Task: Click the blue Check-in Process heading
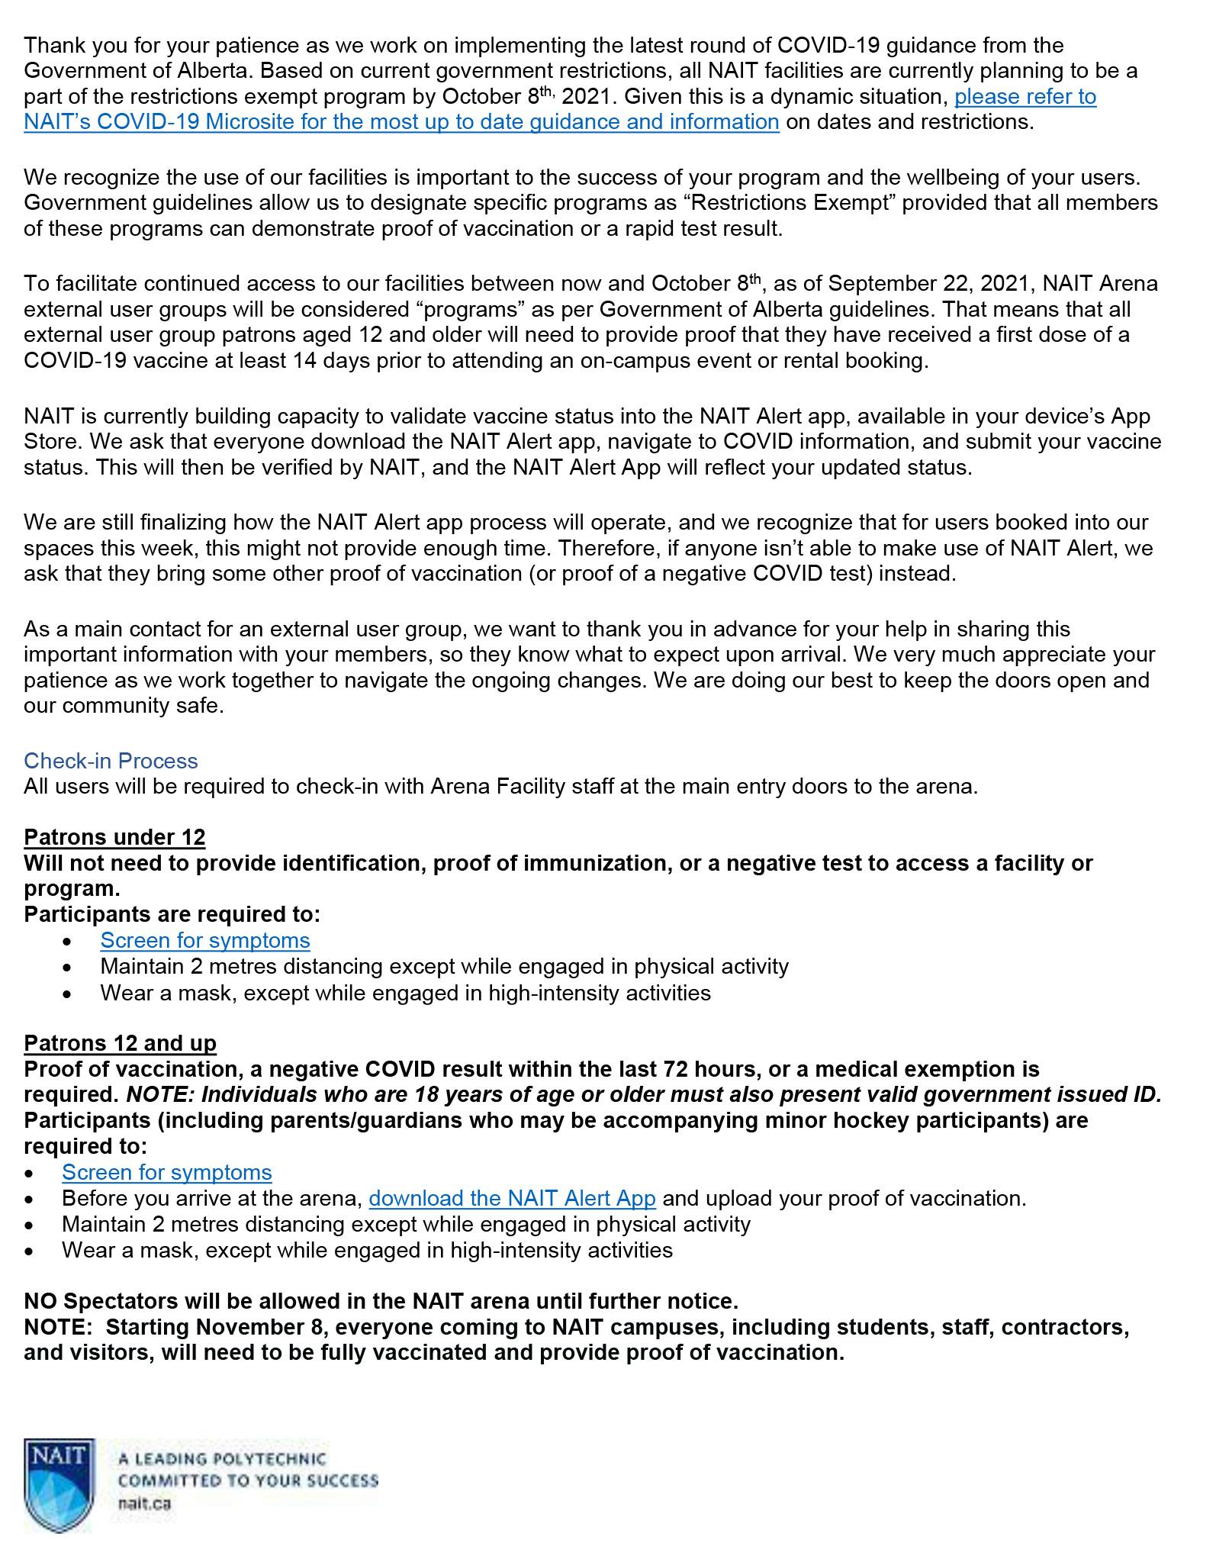[111, 761]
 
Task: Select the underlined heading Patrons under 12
[114, 837]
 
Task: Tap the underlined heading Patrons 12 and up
[120, 1042]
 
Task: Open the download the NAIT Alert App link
[512, 1198]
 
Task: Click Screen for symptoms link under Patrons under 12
[205, 940]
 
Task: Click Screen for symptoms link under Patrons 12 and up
[167, 1172]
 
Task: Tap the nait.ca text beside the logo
[144, 1503]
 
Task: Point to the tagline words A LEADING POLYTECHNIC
[221, 1459]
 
